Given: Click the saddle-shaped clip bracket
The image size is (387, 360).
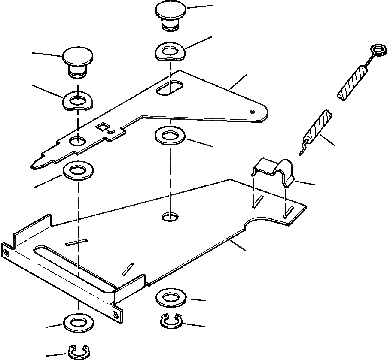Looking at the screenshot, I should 275,170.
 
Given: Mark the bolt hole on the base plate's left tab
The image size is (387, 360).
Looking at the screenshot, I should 6,251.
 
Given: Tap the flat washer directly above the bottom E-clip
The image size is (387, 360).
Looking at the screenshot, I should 77,322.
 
